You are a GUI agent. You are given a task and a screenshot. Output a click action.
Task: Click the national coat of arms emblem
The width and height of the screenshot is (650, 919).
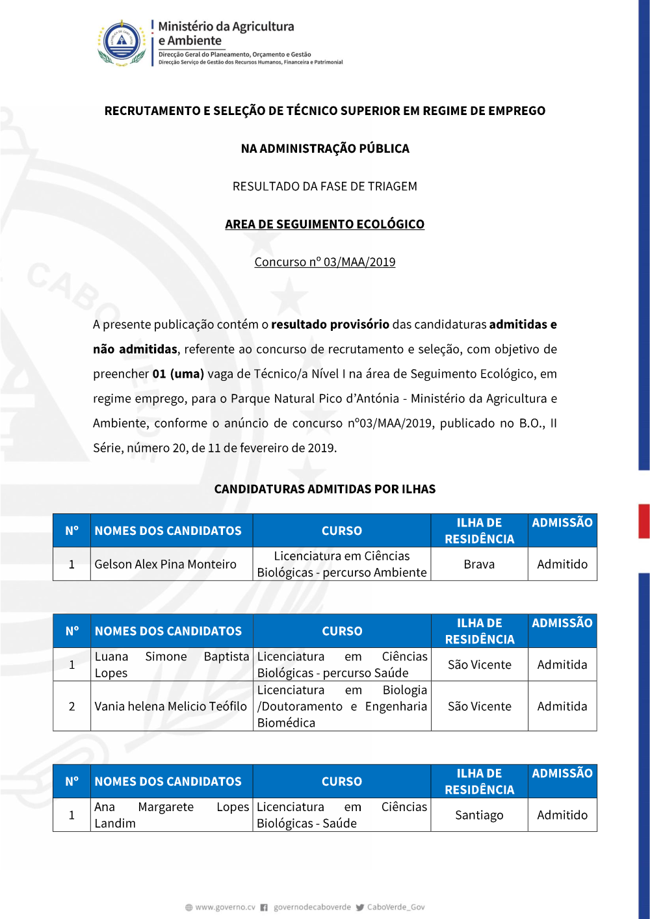[122, 43]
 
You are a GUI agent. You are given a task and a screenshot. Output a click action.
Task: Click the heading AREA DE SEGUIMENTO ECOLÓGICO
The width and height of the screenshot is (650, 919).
[324, 224]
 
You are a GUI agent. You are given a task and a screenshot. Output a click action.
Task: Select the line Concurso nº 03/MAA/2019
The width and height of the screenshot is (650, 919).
[324, 262]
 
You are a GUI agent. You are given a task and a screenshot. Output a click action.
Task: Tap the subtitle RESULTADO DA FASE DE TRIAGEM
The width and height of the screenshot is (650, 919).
[324, 187]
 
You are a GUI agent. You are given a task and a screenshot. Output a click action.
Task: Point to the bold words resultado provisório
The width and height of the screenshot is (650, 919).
[330, 324]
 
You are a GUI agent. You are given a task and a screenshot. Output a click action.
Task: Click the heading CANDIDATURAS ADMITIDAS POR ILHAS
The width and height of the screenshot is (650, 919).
[324, 489]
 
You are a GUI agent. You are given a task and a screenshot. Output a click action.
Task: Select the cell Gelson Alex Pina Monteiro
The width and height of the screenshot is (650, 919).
[165, 564]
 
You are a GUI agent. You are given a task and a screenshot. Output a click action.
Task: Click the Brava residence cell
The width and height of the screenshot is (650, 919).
[479, 564]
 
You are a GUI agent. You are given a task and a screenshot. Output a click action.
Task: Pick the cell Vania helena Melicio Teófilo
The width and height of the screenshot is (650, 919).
[170, 706]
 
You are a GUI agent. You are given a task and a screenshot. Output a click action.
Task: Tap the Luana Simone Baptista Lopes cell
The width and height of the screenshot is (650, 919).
[170, 664]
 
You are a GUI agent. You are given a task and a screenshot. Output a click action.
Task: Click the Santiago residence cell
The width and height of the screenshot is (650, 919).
[479, 815]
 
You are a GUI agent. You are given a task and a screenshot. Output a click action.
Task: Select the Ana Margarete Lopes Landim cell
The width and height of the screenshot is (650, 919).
[170, 815]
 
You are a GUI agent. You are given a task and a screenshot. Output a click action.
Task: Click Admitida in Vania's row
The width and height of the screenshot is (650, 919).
[562, 706]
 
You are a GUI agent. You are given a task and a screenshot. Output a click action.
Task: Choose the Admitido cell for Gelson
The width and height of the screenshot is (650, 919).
[562, 564]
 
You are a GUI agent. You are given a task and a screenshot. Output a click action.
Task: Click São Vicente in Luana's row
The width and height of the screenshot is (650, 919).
[479, 665]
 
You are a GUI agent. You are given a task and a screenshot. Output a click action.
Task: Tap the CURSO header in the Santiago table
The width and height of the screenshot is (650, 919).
[342, 781]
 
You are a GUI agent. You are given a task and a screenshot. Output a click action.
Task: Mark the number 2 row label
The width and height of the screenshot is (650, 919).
[71, 706]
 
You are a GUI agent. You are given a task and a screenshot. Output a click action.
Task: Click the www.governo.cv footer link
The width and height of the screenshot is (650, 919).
[225, 907]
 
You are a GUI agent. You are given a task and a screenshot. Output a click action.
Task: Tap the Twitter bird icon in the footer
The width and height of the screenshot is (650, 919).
[359, 907]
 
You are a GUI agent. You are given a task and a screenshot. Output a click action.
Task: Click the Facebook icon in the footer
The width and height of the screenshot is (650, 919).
[264, 907]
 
